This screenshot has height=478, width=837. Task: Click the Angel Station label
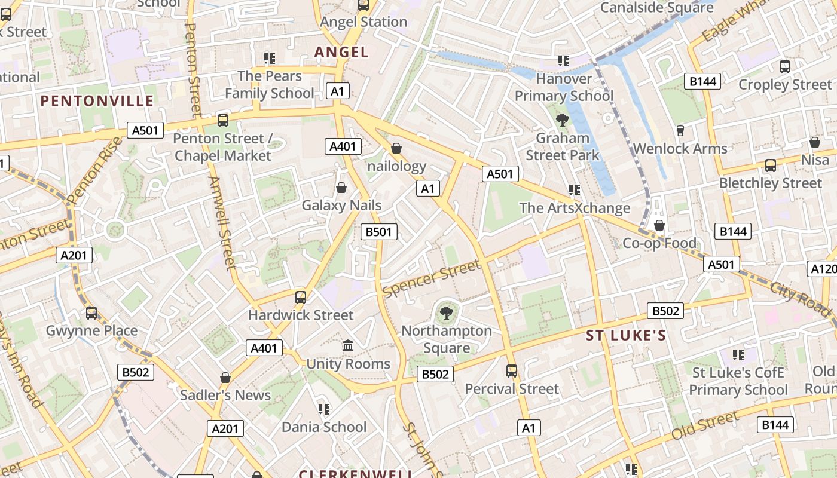point(363,22)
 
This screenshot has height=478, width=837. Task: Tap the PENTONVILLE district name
point(97,100)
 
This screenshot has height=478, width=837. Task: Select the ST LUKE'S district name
point(625,335)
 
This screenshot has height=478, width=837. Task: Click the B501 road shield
point(379,232)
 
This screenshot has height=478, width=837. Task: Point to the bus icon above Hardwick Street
point(301,297)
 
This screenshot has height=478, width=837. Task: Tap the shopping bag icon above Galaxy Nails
point(341,188)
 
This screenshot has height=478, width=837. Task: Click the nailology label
point(396,166)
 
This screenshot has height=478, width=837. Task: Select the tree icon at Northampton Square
point(446,312)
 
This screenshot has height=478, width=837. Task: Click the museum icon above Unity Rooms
point(348,346)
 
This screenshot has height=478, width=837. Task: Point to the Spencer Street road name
point(431,278)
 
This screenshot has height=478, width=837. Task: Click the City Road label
point(800,296)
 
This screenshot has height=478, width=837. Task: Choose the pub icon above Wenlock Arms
point(680,130)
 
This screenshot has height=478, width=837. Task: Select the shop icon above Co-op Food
point(659,225)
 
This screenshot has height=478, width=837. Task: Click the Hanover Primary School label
point(564,87)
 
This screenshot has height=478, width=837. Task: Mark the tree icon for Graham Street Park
point(562,120)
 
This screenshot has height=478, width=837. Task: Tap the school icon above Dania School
point(324,409)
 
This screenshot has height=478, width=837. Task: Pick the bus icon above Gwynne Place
point(91,312)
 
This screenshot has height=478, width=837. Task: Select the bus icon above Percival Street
point(512,371)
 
